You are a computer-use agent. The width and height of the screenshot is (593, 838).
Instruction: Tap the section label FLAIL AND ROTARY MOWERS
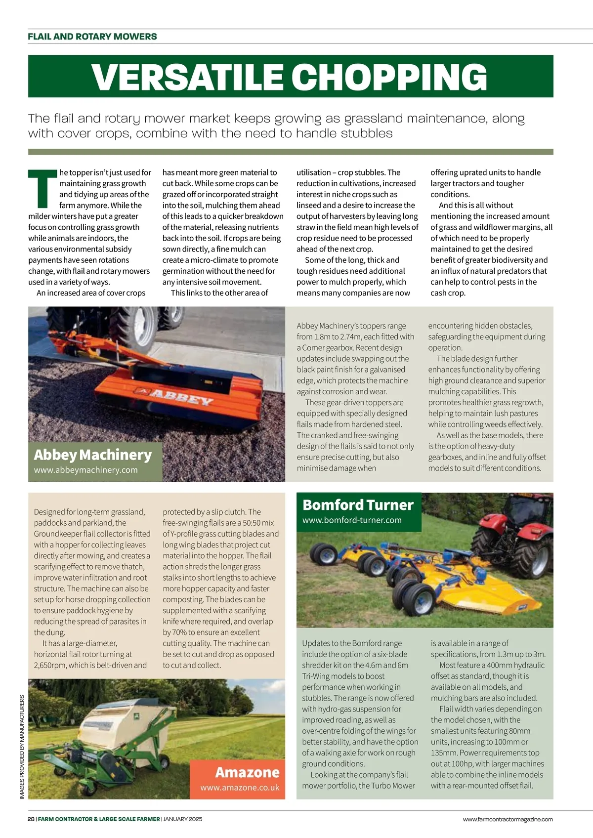[x=92, y=37]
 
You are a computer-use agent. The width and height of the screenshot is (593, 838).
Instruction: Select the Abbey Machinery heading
[x=93, y=455]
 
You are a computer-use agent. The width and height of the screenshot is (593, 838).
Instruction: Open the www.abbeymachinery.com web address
[x=86, y=470]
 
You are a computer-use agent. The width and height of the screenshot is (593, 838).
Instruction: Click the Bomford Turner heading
[x=358, y=505]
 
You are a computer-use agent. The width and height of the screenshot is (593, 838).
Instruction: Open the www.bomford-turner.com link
[x=352, y=520]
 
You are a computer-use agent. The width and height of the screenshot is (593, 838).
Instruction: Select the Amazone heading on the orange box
[x=247, y=772]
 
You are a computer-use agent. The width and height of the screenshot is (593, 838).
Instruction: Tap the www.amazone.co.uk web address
[x=240, y=788]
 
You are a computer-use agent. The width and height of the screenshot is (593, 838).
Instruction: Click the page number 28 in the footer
[x=31, y=819]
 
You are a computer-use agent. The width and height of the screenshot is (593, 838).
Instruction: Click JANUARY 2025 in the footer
[x=183, y=819]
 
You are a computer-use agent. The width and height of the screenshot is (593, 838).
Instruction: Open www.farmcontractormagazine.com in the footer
[x=508, y=819]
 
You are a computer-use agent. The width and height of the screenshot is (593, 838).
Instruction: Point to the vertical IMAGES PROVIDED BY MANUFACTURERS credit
[x=22, y=747]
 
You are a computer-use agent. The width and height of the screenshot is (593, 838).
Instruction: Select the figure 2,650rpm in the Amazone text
[x=50, y=665]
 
